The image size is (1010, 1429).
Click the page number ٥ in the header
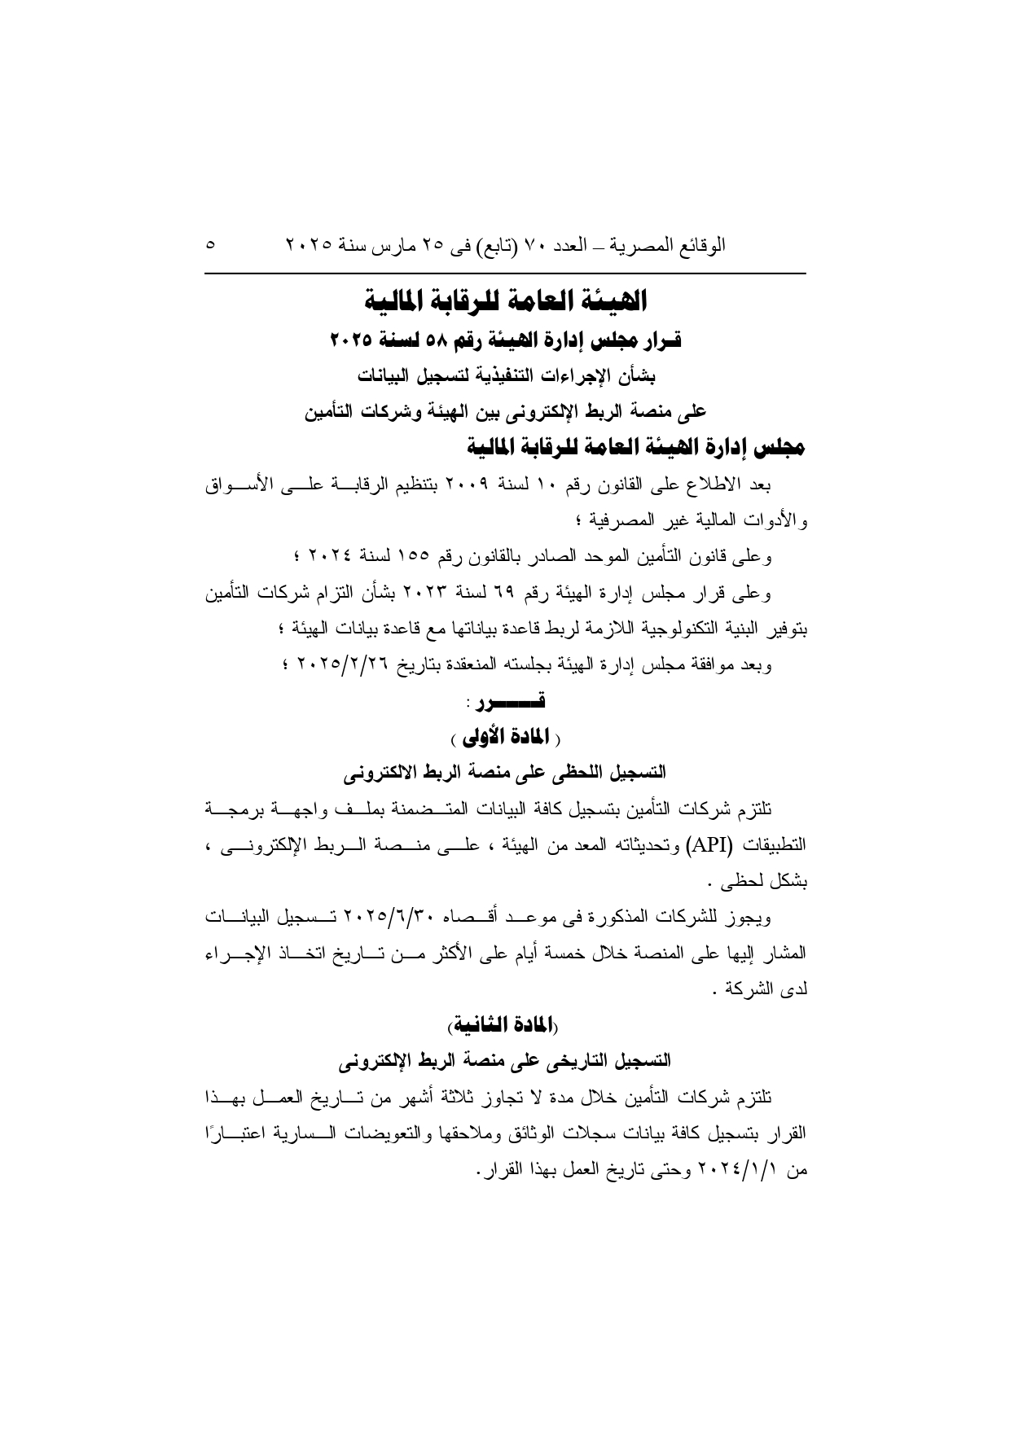point(212,244)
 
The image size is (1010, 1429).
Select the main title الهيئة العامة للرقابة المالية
point(505,301)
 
